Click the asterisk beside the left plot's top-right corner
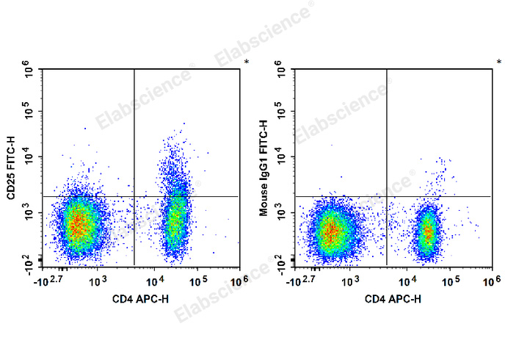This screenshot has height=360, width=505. pos(247,62)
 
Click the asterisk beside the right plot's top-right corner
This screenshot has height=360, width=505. pos(499,62)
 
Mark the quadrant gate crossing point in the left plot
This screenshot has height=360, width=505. pos(134,196)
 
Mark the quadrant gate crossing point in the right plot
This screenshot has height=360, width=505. pos(387,196)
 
